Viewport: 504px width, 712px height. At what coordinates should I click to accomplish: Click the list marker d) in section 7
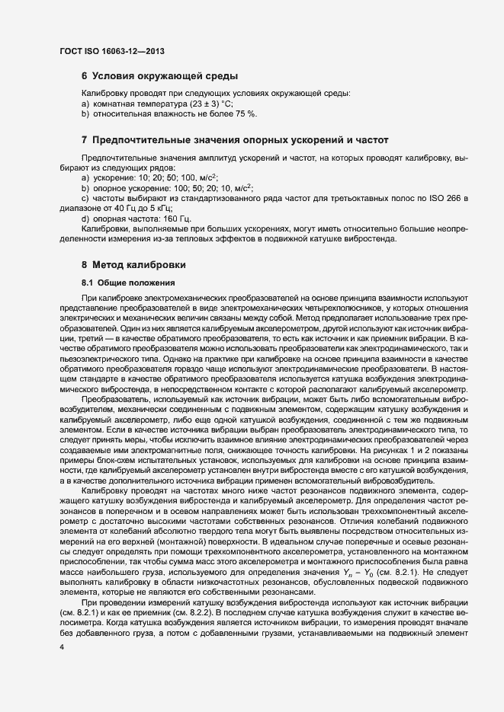click(x=85, y=219)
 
